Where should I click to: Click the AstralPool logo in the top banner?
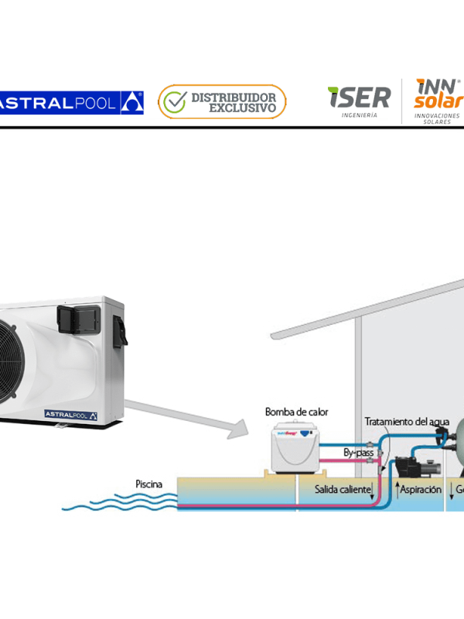70,101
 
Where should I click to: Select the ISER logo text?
359,97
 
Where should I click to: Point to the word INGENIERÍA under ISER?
360,115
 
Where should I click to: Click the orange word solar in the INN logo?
438,101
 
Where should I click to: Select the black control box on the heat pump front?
75,318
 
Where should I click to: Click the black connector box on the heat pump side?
120,330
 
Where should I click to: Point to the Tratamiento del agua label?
407,421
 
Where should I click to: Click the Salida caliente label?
343,489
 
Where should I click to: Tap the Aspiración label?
420,489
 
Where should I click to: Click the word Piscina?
148,484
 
